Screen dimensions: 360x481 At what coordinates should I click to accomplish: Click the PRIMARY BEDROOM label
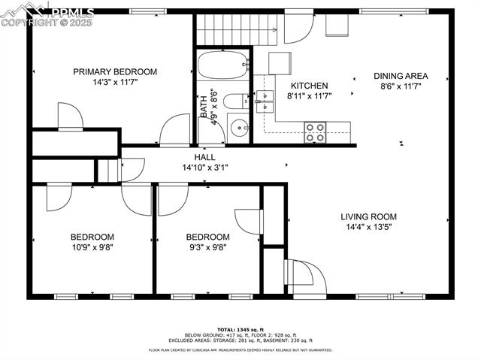[115, 72]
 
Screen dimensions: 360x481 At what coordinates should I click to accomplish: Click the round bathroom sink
[238, 127]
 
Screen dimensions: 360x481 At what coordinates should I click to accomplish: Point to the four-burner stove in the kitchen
[315, 132]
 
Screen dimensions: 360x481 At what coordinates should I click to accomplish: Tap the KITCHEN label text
[310, 86]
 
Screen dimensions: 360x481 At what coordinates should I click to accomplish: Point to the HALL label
[204, 157]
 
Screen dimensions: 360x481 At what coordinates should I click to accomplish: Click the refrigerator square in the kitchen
[280, 62]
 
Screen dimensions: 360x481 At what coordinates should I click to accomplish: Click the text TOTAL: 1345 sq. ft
[240, 330]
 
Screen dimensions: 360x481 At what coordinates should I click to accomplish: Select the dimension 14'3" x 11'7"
[115, 83]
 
